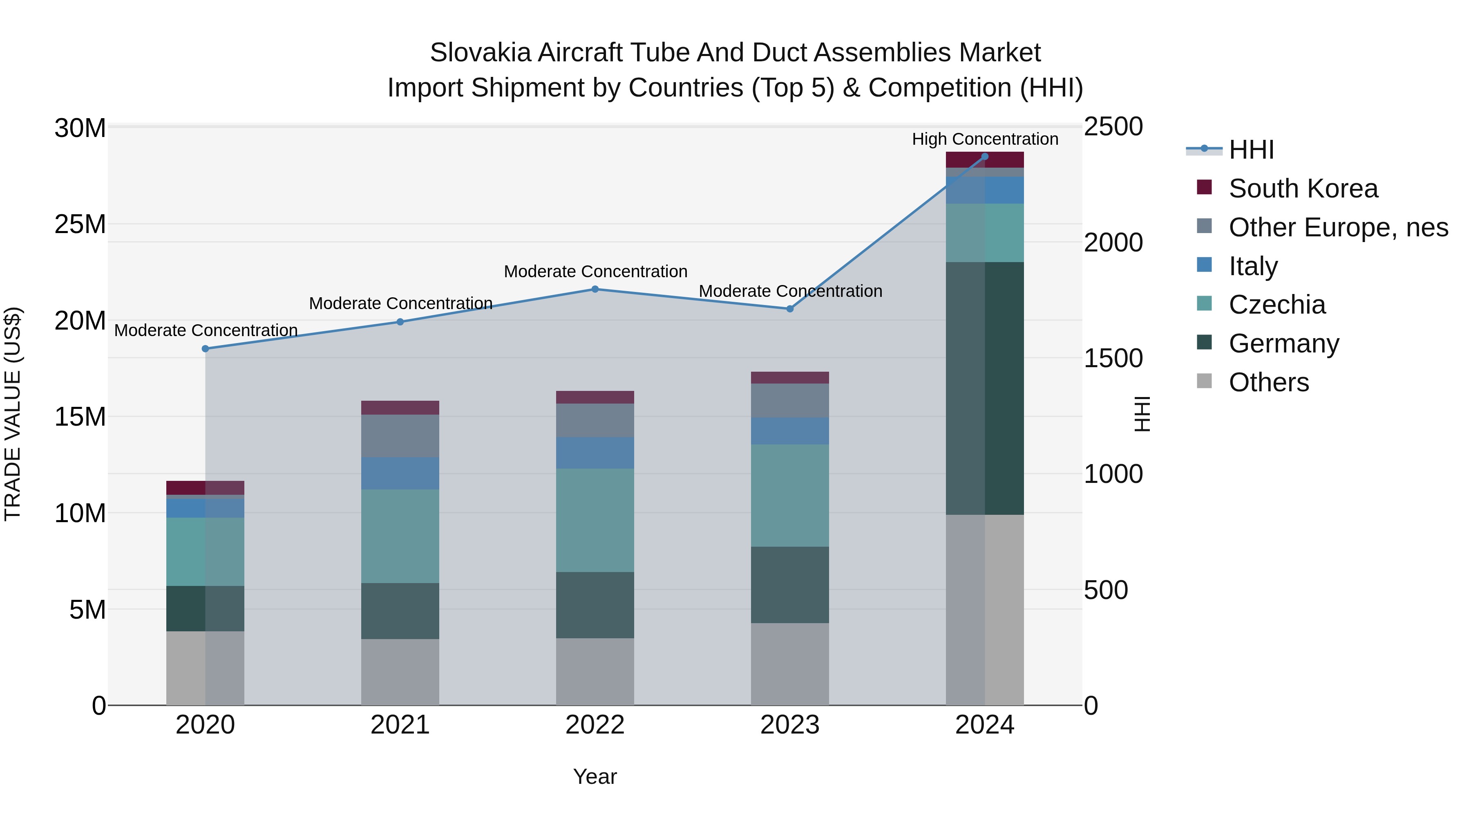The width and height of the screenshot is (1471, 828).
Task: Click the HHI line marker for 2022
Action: [595, 289]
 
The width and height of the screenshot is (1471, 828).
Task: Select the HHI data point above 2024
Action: [984, 156]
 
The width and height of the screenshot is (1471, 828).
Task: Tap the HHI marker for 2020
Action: [205, 348]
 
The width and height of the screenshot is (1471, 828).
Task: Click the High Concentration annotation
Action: [984, 139]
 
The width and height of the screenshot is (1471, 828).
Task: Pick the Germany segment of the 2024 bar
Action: [984, 388]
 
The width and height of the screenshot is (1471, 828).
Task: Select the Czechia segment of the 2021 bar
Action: [400, 536]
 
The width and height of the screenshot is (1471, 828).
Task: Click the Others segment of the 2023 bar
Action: [790, 664]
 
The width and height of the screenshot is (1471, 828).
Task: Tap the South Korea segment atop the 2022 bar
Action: [595, 397]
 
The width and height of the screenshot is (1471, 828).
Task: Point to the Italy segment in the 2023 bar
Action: [790, 431]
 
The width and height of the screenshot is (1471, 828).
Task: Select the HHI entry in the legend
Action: [1251, 150]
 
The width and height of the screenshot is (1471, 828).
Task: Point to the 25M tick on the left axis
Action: [80, 224]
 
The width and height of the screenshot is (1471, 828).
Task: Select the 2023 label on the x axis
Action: [790, 725]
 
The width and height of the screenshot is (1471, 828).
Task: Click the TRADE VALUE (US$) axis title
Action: [13, 414]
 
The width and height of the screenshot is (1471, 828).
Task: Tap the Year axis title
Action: [595, 776]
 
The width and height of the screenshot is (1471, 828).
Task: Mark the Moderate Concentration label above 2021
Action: [400, 303]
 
